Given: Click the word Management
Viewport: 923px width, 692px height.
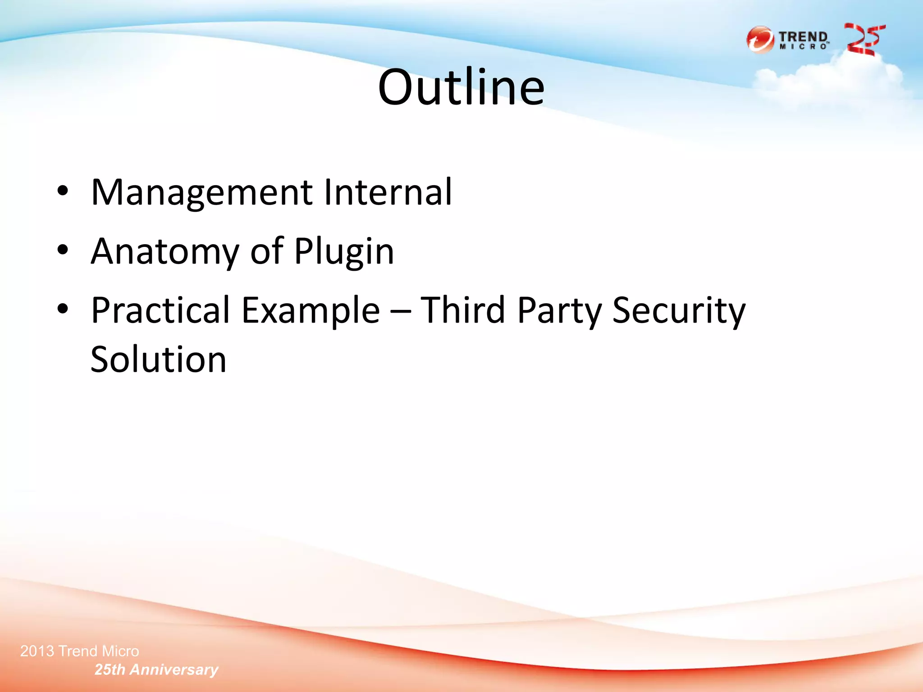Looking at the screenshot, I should pyautogui.click(x=201, y=193).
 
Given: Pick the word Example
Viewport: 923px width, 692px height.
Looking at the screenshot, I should pyautogui.click(x=311, y=311).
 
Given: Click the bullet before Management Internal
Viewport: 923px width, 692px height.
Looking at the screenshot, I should pyautogui.click(x=63, y=191).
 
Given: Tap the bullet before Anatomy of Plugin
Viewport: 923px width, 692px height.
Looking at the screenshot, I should pyautogui.click(x=63, y=250).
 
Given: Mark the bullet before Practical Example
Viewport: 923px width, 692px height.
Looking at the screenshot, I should pyautogui.click(x=63, y=309).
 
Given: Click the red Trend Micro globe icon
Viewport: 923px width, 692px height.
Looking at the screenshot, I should pyautogui.click(x=760, y=40).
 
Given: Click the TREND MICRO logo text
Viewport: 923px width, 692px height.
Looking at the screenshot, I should pyautogui.click(x=804, y=40).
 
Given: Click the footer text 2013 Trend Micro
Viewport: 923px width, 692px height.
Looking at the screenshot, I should pyautogui.click(x=80, y=651).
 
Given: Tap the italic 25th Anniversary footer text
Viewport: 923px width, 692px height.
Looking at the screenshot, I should pyautogui.click(x=156, y=669).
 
